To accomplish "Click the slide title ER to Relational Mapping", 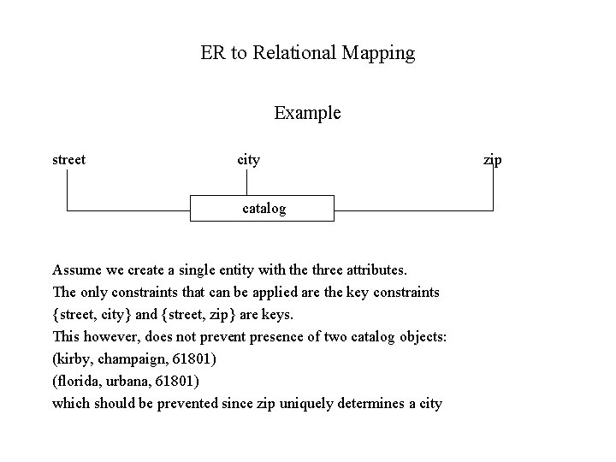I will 307,53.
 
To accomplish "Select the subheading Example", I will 307,113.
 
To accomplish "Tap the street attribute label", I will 68,159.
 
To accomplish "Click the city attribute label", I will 248,159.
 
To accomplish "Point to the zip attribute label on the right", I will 493,159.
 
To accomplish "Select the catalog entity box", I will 262,208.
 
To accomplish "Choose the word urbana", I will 133,380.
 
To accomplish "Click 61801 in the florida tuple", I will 181,380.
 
